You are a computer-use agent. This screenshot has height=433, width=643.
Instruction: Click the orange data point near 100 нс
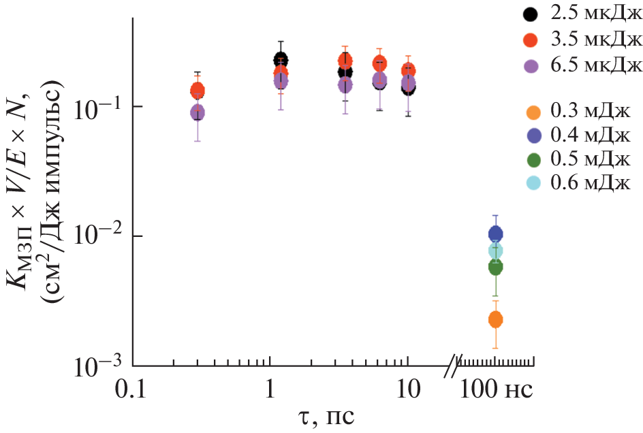tap(496, 319)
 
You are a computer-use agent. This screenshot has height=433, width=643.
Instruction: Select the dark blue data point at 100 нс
tap(496, 234)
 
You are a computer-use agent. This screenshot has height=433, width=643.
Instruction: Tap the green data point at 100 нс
tap(496, 268)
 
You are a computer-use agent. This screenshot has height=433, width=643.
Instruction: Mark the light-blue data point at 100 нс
tap(496, 251)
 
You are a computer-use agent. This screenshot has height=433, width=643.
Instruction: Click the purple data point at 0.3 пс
tap(198, 112)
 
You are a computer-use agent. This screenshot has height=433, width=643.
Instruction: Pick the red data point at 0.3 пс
tap(198, 89)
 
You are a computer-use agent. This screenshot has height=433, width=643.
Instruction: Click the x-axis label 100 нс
tap(496, 391)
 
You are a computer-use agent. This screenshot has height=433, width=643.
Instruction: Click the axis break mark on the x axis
tap(454, 366)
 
